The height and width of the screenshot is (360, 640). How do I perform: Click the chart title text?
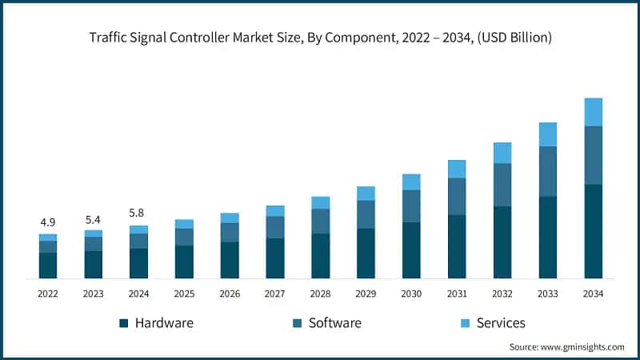[x=320, y=38]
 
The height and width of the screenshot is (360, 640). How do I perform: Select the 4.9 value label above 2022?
[x=48, y=222]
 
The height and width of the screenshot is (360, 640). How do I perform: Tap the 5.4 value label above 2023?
[x=94, y=218]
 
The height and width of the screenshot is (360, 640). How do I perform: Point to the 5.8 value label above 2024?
[x=138, y=214]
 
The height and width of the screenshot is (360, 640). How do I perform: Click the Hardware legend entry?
[x=156, y=323]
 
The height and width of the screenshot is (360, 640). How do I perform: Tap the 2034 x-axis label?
[x=593, y=294]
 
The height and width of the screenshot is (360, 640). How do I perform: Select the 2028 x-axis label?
[x=320, y=294]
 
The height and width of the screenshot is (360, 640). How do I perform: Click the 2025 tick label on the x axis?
[x=184, y=294]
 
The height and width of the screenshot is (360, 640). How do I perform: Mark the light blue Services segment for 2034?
[x=593, y=112]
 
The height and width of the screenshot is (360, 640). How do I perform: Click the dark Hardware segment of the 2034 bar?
[x=593, y=231]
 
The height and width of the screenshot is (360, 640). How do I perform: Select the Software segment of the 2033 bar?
[x=547, y=171]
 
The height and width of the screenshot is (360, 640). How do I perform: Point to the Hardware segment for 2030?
[x=411, y=250]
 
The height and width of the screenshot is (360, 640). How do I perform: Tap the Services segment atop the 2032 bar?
[x=502, y=153]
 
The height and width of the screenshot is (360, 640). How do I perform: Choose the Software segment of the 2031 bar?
[x=457, y=196]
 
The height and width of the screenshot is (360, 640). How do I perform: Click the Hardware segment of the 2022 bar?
[x=48, y=266]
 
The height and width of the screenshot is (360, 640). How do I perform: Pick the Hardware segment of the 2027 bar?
[x=275, y=258]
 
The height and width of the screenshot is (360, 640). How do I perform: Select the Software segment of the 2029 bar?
[x=366, y=214]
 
